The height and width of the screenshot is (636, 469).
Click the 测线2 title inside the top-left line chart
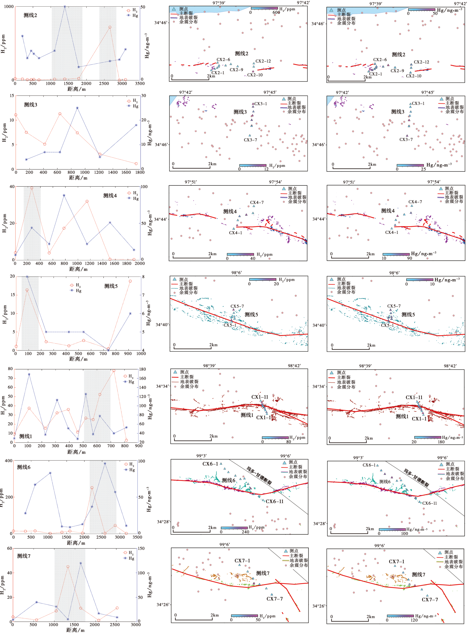click(30, 15)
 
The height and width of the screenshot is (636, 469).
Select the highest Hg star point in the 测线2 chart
click(65, 7)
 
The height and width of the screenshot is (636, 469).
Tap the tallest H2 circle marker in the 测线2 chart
click(110, 27)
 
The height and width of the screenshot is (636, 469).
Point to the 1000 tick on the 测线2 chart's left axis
click(9, 7)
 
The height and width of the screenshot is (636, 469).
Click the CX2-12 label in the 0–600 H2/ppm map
click(263, 61)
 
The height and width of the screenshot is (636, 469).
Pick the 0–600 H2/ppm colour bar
click(264, 8)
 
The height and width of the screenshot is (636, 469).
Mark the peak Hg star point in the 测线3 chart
click(77, 108)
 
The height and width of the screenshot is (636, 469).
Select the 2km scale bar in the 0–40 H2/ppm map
click(191, 258)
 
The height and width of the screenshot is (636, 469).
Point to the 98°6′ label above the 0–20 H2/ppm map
click(237, 273)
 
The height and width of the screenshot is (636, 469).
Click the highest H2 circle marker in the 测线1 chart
click(114, 371)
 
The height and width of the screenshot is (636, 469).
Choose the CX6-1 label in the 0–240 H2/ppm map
click(210, 464)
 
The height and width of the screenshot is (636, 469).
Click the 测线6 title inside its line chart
click(24, 467)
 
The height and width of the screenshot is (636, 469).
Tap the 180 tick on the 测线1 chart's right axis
click(143, 369)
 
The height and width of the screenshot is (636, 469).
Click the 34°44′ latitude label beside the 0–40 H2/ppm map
click(161, 219)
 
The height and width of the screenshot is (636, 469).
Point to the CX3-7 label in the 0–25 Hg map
click(406, 139)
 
